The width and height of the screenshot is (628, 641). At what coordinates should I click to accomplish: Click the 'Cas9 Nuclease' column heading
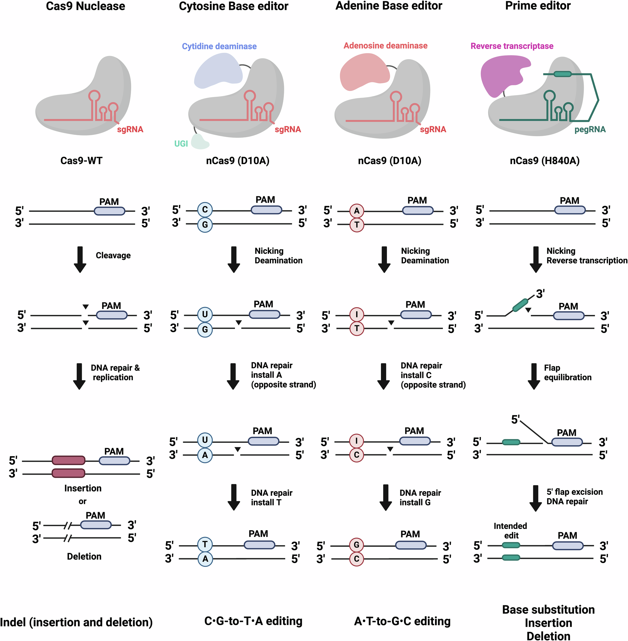point(86,6)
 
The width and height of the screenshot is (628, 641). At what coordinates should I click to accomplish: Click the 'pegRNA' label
point(590,129)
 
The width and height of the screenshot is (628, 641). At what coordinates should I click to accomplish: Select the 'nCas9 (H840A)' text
point(545,161)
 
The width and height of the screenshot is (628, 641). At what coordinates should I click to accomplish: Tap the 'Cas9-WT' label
point(81,161)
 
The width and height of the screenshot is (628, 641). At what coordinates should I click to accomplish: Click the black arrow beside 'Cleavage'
point(80,259)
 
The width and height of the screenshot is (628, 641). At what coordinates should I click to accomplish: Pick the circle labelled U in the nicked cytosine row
point(205,314)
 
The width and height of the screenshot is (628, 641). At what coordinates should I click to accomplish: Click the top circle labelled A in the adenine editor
point(356,211)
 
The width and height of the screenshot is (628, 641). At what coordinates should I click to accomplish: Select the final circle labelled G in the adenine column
point(356,545)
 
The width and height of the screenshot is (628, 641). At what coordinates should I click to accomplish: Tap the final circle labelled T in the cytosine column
point(205,544)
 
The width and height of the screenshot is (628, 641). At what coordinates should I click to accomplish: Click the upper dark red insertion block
point(69,460)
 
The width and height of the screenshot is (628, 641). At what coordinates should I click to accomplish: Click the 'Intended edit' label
point(510,531)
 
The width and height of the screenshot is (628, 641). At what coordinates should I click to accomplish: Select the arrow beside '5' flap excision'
point(535,498)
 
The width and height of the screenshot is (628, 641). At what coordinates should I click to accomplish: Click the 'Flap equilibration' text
point(567,373)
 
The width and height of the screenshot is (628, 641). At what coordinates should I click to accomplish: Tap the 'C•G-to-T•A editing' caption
point(253,621)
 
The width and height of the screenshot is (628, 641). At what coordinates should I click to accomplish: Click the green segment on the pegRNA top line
point(562,74)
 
